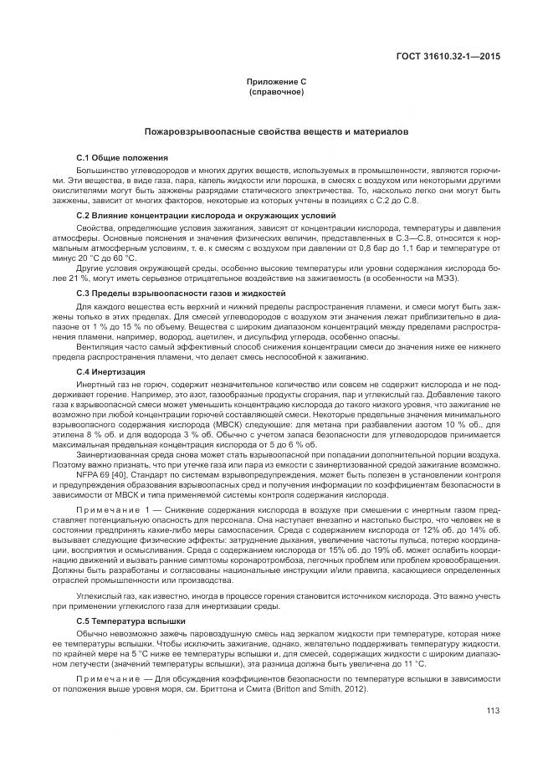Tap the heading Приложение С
(x=276, y=83)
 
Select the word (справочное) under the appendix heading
(x=276, y=91)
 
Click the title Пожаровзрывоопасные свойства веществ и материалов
(x=276, y=132)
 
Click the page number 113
(x=493, y=711)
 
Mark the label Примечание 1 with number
(x=112, y=509)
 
